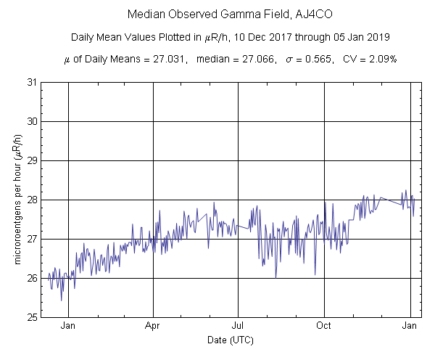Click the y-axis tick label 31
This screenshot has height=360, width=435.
point(32,82)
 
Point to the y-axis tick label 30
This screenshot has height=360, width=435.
point(32,121)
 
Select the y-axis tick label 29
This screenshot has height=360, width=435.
point(32,160)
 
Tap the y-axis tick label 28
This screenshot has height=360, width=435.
point(32,200)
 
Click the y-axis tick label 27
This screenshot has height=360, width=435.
point(32,239)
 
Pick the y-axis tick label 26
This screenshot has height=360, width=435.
point(32,278)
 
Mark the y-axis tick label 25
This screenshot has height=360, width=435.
point(32,317)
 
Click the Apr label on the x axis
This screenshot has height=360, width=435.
point(153,326)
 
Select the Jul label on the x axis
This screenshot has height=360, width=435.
point(238,326)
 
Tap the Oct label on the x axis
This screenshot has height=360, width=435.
point(324,326)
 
